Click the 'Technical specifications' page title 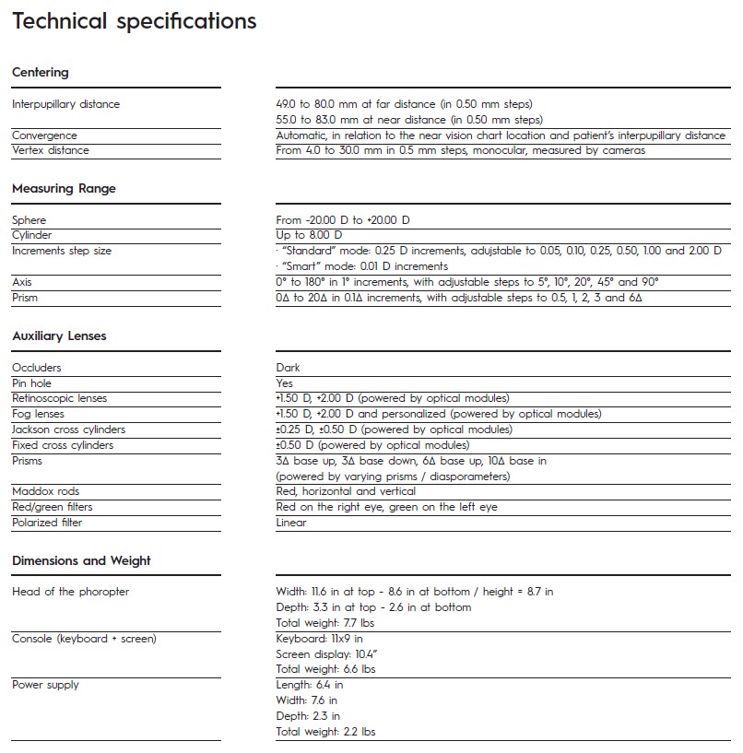point(135,21)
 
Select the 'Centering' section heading point(41,72)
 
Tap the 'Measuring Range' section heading point(64,188)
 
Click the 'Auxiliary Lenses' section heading point(59,335)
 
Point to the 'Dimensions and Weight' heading point(81,560)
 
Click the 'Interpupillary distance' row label point(66,104)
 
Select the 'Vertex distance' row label point(51,150)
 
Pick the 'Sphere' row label point(29,220)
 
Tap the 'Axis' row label point(22,282)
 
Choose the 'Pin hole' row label point(32,382)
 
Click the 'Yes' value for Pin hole point(285,382)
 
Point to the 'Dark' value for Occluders point(289,368)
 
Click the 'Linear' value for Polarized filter point(291,523)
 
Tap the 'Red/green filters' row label point(53,507)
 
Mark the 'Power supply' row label point(45,685)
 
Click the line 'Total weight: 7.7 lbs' point(325,623)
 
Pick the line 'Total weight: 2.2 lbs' point(325,732)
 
